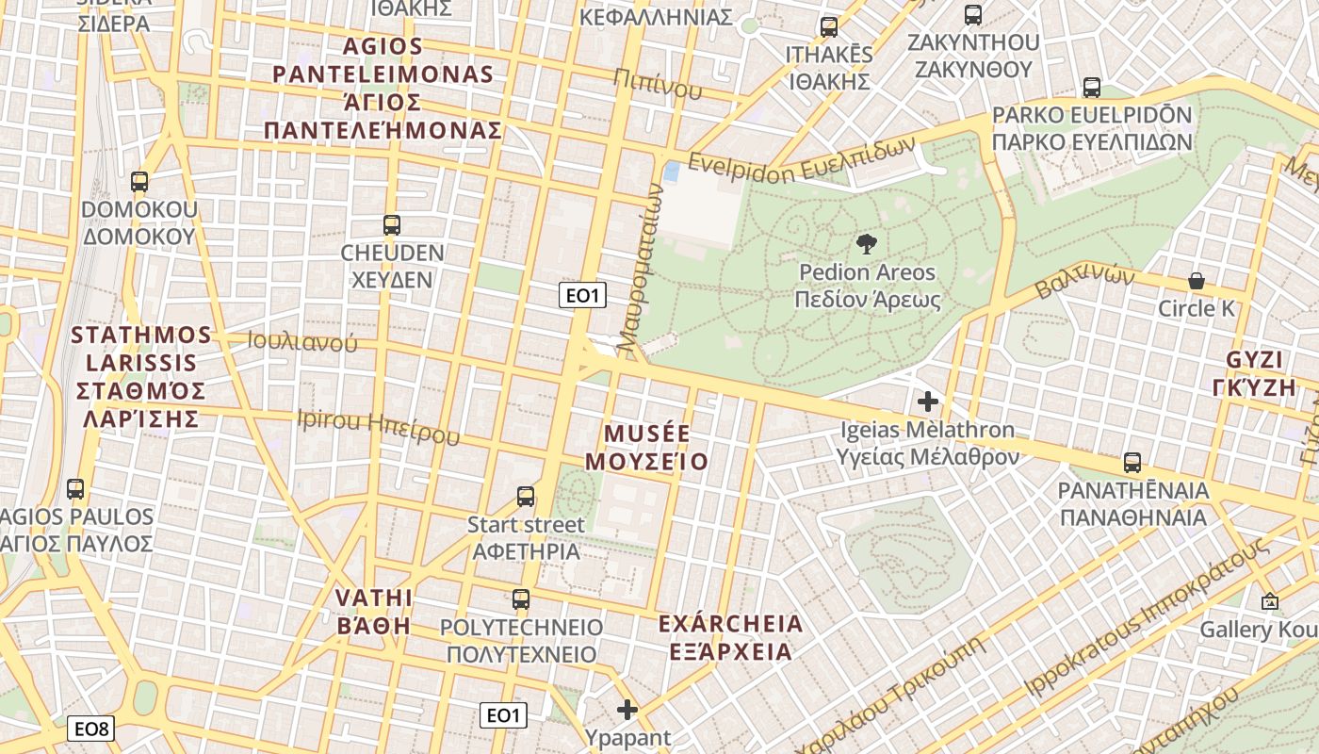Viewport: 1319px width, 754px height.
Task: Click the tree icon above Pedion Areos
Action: click(866, 245)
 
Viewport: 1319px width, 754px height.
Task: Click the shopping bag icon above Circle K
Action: click(1196, 281)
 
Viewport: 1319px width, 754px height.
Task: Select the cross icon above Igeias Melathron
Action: click(928, 402)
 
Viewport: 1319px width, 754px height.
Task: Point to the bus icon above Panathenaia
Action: click(1132, 463)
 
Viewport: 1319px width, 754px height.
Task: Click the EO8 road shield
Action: click(92, 729)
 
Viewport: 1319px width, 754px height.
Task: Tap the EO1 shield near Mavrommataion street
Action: click(581, 296)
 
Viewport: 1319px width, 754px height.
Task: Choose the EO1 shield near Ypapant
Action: click(502, 715)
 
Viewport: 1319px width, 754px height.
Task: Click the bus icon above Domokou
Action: click(139, 182)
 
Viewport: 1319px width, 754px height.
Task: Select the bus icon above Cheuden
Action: click(392, 225)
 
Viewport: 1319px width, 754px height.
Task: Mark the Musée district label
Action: click(646, 448)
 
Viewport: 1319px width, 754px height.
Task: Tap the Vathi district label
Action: click(374, 612)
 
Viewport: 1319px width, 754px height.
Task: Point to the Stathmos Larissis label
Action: click(141, 377)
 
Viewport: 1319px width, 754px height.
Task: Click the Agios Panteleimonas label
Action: click(383, 89)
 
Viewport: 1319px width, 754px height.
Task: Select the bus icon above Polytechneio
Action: click(520, 598)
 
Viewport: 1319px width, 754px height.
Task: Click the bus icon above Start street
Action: click(526, 496)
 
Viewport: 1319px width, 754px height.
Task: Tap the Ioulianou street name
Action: click(301, 342)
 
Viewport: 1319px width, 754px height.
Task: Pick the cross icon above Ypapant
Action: click(627, 710)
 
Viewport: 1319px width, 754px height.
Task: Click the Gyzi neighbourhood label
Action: click(1255, 374)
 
